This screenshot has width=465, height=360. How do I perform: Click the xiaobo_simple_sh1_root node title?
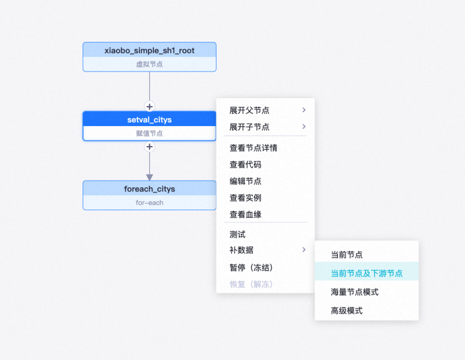click(149, 50)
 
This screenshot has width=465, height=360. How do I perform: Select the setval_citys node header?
click(149, 119)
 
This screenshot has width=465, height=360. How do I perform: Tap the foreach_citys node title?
click(149, 189)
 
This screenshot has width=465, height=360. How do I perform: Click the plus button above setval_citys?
click(149, 106)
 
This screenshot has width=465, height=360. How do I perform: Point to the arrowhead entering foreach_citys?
click(149, 176)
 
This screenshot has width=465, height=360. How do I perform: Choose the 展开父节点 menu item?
click(249, 110)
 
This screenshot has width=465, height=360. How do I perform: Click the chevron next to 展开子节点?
click(304, 127)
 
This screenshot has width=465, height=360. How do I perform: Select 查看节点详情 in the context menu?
click(253, 148)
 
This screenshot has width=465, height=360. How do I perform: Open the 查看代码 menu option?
click(245, 164)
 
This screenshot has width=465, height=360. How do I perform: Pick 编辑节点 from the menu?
click(245, 181)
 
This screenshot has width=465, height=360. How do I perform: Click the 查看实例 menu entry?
click(245, 198)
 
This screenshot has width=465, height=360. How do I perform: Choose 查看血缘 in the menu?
click(245, 215)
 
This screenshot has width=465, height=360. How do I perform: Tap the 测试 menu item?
click(237, 234)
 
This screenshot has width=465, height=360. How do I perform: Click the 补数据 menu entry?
click(241, 250)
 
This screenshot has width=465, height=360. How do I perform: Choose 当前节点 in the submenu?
click(346, 255)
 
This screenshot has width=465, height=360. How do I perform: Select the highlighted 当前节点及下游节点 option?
click(366, 273)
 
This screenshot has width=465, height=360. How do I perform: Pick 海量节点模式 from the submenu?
click(354, 292)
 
